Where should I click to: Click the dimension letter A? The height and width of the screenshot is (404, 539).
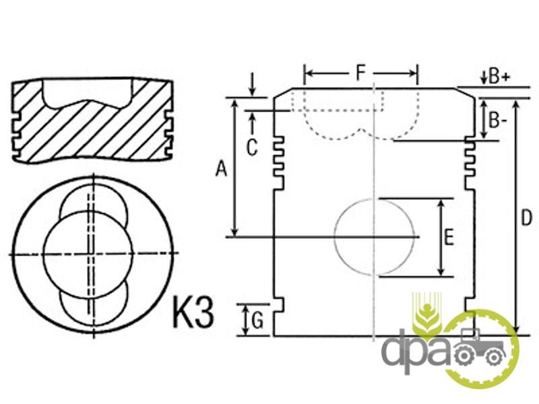[x=221, y=169]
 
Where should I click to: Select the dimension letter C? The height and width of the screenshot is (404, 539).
[x=252, y=147]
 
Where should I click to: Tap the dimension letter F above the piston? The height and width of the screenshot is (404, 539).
[x=360, y=73]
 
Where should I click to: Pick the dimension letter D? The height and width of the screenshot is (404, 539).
[x=526, y=217]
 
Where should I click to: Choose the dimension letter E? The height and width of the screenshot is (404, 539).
[x=449, y=237]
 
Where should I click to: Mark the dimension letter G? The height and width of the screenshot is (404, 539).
[x=257, y=321]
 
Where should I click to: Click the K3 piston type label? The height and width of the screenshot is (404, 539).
[x=193, y=312]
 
